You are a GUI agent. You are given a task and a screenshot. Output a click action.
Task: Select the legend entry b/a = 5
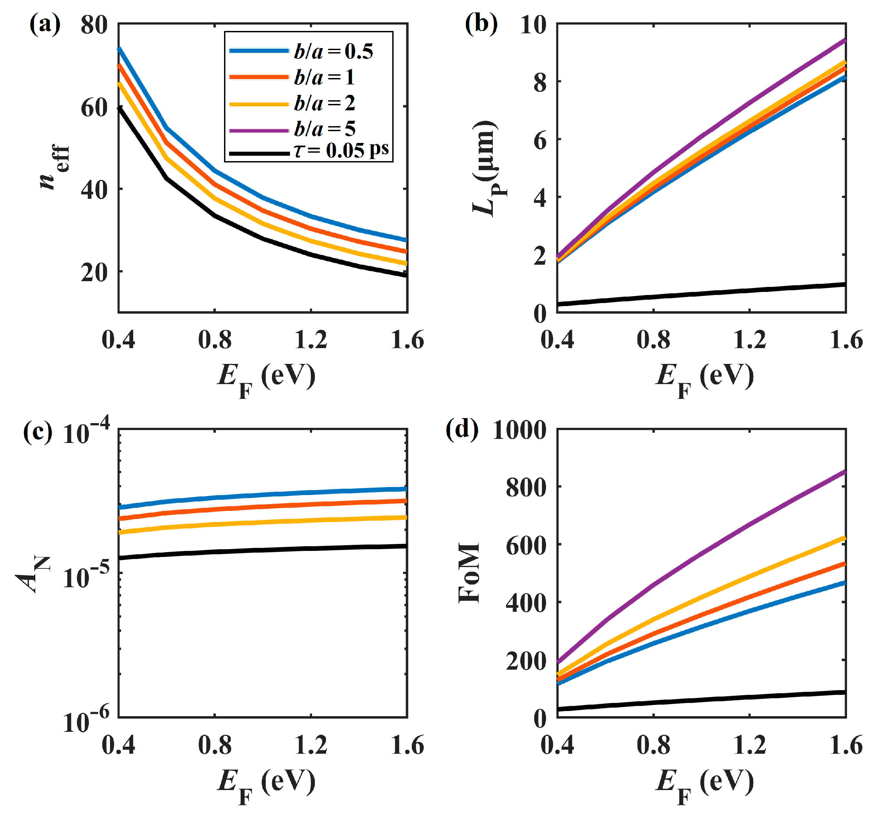coord(324,129)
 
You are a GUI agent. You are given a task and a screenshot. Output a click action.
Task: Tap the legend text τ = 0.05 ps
coord(341,151)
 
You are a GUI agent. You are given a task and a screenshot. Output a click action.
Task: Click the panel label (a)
coord(45,24)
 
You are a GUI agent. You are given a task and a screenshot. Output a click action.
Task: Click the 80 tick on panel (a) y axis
coord(94,25)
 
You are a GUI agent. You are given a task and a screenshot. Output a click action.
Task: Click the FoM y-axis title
coord(469,572)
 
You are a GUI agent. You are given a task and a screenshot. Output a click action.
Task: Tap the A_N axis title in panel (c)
coord(33,574)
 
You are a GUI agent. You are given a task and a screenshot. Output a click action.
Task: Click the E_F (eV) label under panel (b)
coord(705,379)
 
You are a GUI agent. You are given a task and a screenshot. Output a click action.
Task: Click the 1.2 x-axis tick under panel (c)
coord(311,745)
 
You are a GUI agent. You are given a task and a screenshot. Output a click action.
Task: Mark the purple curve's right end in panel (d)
coord(845,472)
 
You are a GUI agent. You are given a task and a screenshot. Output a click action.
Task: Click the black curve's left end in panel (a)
coord(119,108)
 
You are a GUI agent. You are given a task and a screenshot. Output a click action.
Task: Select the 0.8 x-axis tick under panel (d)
coord(653,745)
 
